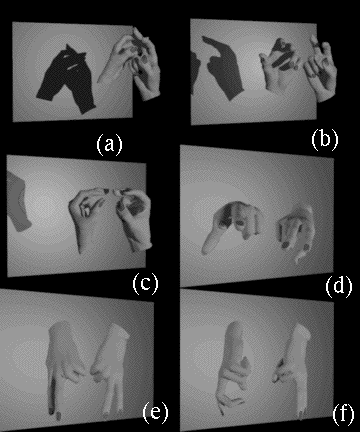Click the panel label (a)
(x=109, y=144)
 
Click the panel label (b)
(x=325, y=139)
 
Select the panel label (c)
(x=145, y=283)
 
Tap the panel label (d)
(x=339, y=286)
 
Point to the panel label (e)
(x=155, y=412)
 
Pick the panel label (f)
(x=343, y=414)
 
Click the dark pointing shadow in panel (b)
(x=222, y=67)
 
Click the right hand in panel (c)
(x=135, y=218)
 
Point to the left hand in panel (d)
(x=233, y=223)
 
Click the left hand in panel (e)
(x=65, y=363)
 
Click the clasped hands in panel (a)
(x=133, y=63)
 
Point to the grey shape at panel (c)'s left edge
(x=18, y=202)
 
